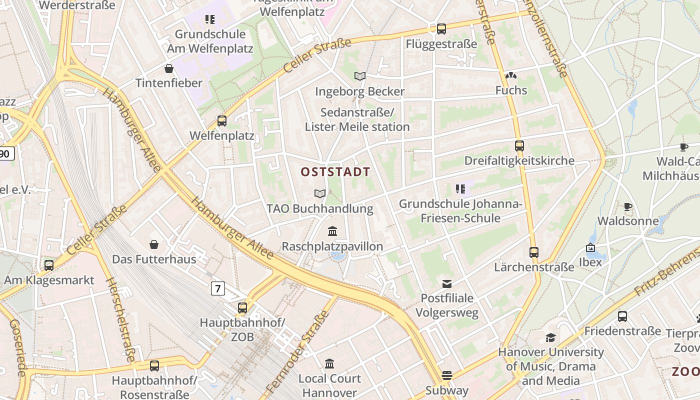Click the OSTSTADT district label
(335, 172)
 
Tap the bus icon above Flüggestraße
(441, 29)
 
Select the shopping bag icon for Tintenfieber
(169, 68)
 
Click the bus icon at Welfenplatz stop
(222, 120)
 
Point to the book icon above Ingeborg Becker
(360, 76)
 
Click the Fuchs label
(511, 90)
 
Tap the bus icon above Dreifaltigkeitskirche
(519, 146)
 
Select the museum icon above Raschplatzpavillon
(332, 231)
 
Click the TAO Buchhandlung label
(320, 208)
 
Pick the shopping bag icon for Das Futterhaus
(154, 244)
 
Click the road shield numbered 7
(217, 288)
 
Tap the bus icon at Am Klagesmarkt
(49, 265)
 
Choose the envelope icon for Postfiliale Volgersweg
(447, 284)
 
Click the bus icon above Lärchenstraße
(534, 252)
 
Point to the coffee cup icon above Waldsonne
(628, 206)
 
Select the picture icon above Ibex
(590, 247)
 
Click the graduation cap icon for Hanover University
(550, 337)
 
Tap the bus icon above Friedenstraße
(622, 316)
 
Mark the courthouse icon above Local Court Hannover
(329, 363)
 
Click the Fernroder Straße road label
(298, 352)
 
